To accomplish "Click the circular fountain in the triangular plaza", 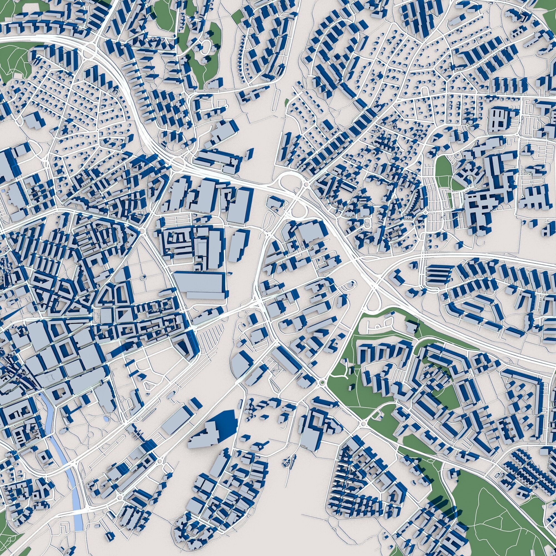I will [143, 278].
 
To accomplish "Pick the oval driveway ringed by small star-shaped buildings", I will [206, 48].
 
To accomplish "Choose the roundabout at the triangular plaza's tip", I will [142, 230].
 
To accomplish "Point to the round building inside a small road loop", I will [350, 285].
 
